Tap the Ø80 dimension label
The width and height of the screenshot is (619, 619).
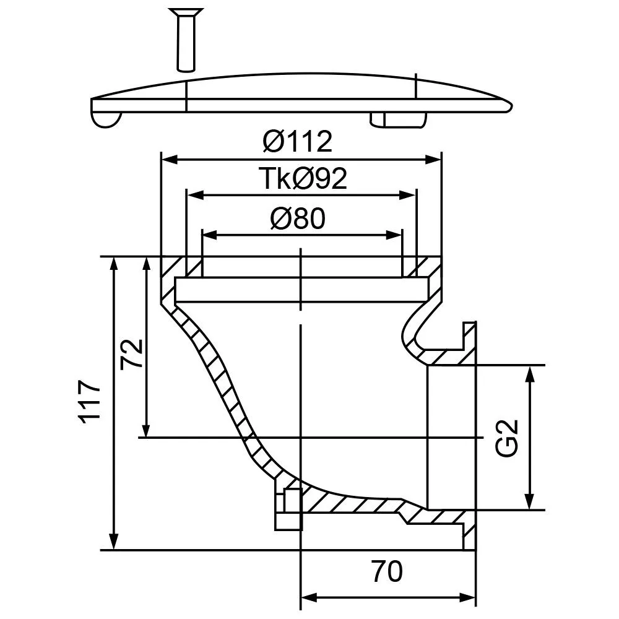(x=298, y=219)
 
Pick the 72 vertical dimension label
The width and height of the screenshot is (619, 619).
(x=132, y=353)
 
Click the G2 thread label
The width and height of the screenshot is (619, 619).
(x=506, y=438)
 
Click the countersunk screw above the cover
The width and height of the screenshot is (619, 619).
(x=186, y=40)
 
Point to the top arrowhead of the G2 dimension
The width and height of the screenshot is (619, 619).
(x=530, y=374)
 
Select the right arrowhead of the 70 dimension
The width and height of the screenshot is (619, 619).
(x=467, y=598)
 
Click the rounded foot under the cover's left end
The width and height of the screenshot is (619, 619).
(x=106, y=119)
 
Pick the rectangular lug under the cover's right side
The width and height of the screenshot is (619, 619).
(x=398, y=119)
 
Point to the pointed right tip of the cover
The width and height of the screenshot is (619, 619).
(x=512, y=106)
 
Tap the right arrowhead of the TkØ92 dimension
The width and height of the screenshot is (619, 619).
(x=408, y=195)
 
